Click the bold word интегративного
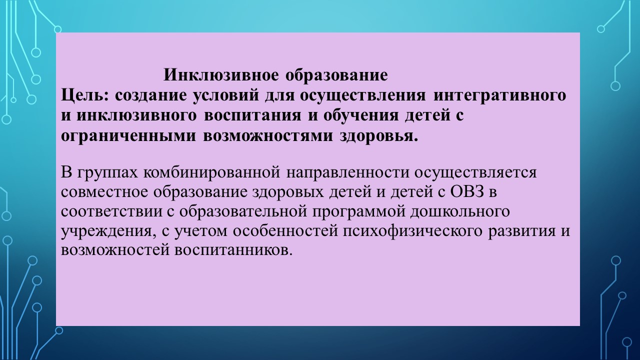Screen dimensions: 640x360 [x=499, y=95]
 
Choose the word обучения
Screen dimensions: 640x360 [x=361, y=116]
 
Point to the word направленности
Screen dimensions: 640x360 [x=347, y=173]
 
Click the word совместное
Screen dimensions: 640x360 [x=104, y=192]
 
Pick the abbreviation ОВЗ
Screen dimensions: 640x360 [x=467, y=191]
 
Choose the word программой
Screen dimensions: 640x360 [x=358, y=211]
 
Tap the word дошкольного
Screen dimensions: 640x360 [x=460, y=211]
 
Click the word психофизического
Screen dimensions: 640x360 [x=412, y=231]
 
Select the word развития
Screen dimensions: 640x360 [x=521, y=231]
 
